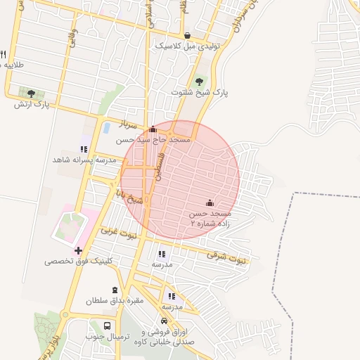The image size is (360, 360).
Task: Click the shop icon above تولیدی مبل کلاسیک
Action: tap(187, 36)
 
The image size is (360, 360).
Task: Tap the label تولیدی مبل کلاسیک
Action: tap(188, 46)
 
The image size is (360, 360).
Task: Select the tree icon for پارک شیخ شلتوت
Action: tap(200, 82)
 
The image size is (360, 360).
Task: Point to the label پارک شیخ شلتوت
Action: tap(200, 92)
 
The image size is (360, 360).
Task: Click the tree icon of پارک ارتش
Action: tap(31, 94)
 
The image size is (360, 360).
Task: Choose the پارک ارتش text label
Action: tap(33, 105)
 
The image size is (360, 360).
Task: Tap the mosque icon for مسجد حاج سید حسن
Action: tap(153, 129)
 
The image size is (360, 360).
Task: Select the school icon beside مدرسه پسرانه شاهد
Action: tap(84, 149)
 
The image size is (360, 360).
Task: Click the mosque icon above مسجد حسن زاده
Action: tap(210, 202)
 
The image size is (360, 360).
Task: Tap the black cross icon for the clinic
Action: tap(78, 250)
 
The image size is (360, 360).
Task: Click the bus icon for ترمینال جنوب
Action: tap(107, 326)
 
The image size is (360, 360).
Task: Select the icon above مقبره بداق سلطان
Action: tap(115, 290)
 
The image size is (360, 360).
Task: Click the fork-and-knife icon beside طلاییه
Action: tap(4, 55)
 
